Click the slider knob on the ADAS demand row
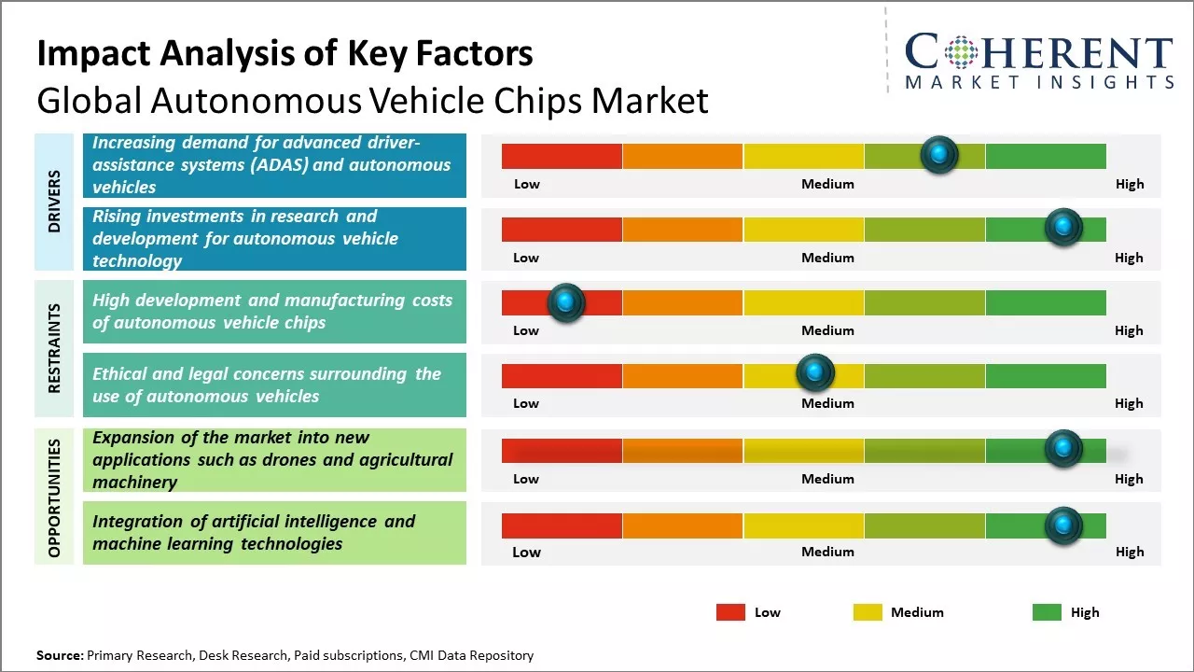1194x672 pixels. (x=939, y=154)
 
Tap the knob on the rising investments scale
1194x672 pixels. (x=1062, y=227)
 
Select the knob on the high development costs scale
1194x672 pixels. (x=565, y=302)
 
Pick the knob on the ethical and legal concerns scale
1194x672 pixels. (x=815, y=373)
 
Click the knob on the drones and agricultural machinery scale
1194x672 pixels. (x=1062, y=449)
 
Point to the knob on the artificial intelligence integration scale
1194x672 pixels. (x=1062, y=526)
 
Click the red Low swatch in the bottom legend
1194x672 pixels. (x=730, y=612)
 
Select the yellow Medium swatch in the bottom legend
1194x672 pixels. (x=868, y=612)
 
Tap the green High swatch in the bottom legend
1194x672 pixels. (x=1047, y=612)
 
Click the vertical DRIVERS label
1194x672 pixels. (x=54, y=201)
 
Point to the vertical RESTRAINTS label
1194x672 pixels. (x=54, y=347)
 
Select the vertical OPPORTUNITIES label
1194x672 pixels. (x=54, y=498)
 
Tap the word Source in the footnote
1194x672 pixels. (x=59, y=655)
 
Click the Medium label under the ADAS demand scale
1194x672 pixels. (x=827, y=184)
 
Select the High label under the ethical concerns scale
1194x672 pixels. (x=1129, y=403)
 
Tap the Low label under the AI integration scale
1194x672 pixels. (x=526, y=552)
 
